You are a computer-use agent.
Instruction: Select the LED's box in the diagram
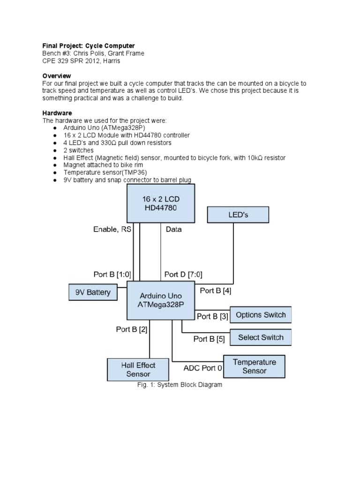tap(238, 215)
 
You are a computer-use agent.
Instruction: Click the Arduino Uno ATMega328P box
tap(161, 300)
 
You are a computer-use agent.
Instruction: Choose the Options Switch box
tap(261, 315)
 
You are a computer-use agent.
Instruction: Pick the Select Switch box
tap(261, 337)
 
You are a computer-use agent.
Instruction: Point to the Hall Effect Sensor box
tap(138, 369)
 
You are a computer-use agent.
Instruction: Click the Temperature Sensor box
tap(254, 366)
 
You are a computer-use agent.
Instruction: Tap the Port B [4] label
tap(216, 291)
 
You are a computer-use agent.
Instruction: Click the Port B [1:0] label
tap(112, 274)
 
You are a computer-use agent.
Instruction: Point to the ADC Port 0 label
tap(203, 368)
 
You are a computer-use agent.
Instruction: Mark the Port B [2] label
tap(132, 329)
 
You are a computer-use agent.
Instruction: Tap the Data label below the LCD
tap(173, 229)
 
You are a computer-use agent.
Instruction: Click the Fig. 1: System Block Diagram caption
tap(180, 385)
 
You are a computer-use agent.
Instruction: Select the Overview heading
tap(57, 75)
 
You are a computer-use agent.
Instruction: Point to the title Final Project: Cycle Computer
tap(89, 45)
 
